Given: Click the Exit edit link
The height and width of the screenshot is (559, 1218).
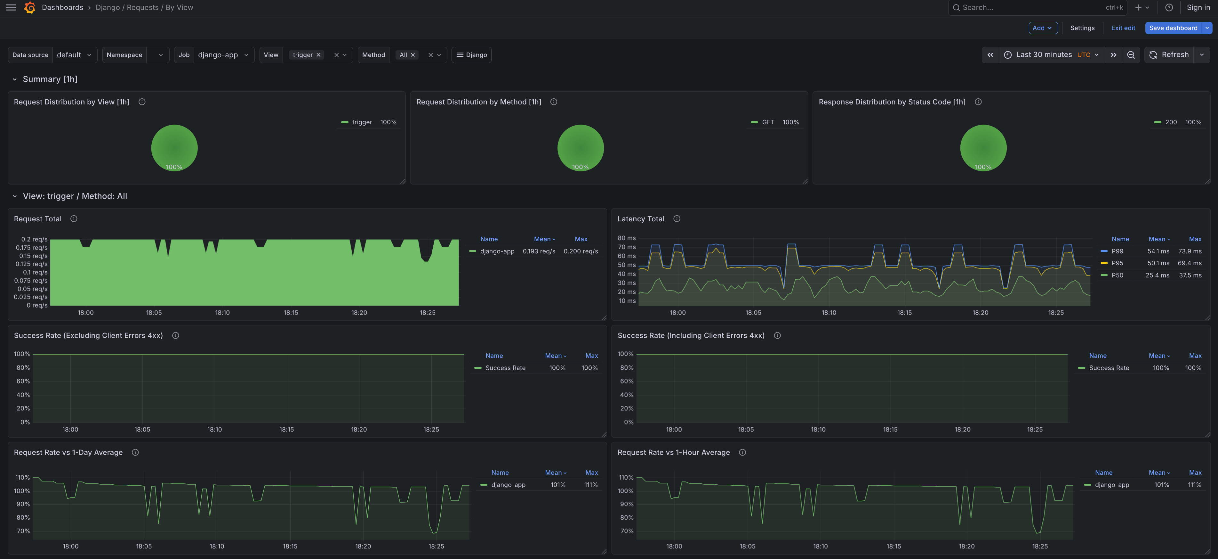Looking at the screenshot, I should [x=1123, y=28].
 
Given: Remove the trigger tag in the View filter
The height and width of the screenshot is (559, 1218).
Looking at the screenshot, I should [x=319, y=55].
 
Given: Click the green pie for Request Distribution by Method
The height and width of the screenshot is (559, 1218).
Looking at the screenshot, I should [x=580, y=148].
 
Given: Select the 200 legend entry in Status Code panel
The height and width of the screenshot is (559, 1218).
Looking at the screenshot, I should [x=1171, y=122].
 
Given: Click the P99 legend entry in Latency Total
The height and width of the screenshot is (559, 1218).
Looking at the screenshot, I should [x=1117, y=251].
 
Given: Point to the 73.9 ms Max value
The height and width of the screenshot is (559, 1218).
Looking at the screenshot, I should [x=1190, y=251].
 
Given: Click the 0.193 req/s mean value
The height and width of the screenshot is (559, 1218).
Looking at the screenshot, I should [x=539, y=251].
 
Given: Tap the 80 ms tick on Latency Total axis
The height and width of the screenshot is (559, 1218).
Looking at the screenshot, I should [x=627, y=238].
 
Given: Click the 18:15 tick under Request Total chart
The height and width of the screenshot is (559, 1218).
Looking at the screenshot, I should [x=291, y=313].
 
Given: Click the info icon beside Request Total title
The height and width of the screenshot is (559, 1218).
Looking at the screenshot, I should [x=74, y=219].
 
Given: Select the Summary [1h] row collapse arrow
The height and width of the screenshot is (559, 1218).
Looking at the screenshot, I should [x=15, y=79].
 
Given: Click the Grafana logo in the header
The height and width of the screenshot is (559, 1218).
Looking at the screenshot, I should [x=30, y=8].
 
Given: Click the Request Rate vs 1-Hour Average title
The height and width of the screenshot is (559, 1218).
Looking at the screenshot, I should [x=673, y=453].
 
